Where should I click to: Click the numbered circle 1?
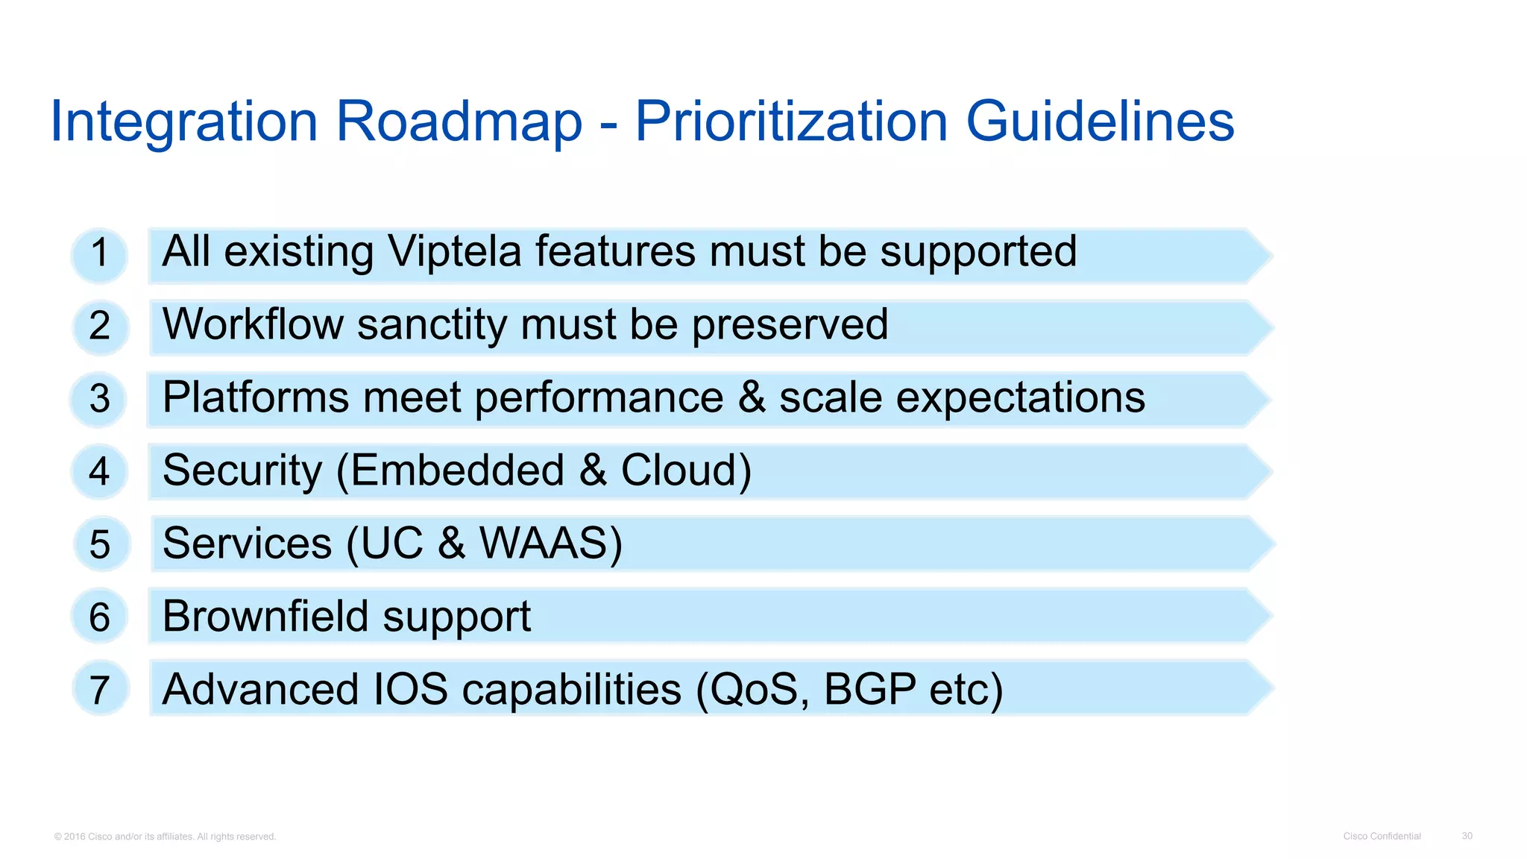(99, 255)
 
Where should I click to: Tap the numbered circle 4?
(99, 471)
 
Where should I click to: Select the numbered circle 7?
(101, 689)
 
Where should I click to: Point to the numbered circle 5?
(101, 544)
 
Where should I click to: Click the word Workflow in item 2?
(253, 324)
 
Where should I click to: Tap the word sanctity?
(432, 326)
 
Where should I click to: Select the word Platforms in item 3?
(256, 397)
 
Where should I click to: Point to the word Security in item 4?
(242, 471)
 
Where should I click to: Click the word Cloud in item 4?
(679, 471)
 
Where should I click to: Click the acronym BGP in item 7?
(869, 689)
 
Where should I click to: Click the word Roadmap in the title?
(459, 121)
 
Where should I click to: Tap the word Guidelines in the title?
(1100, 121)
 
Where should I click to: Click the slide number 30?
(1467, 836)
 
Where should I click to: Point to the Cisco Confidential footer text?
(1382, 836)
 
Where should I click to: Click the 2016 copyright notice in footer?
(165, 837)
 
